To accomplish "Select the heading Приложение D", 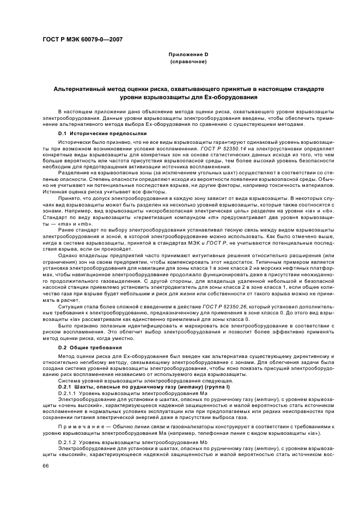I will (188, 55).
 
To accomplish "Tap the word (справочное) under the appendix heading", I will (188, 62).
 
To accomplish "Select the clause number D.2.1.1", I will (68, 392).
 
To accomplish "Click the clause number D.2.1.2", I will (68, 441).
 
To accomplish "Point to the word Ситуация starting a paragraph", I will (70, 307).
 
